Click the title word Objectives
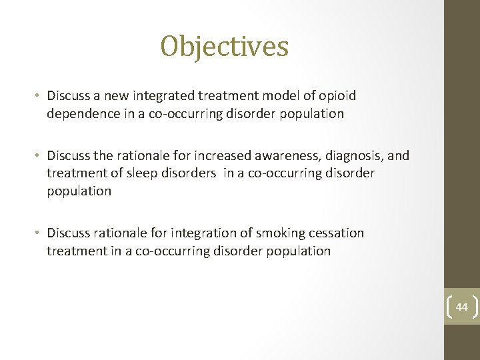pos(224,47)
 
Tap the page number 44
pos(462,307)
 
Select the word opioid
pos(338,96)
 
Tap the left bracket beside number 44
pos(449,307)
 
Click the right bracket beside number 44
pos(475,307)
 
